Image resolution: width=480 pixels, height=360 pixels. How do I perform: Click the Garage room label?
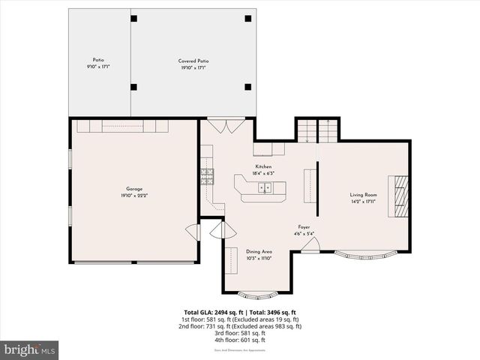[134, 189]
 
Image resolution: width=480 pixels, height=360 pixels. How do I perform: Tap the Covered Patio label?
[193, 61]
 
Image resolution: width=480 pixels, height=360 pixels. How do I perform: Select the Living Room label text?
[363, 195]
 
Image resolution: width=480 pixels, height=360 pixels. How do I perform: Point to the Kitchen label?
[263, 166]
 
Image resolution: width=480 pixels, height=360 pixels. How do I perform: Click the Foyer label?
[304, 227]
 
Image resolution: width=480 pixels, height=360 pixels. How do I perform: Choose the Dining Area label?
[259, 252]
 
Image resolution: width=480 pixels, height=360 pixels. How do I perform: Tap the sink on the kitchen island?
[264, 187]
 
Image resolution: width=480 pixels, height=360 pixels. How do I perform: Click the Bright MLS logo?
[30, 349]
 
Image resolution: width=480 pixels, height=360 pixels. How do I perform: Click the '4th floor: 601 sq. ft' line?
[240, 340]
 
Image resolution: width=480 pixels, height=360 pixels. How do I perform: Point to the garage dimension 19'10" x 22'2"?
[134, 196]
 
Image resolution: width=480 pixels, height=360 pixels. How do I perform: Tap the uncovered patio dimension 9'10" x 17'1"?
[98, 67]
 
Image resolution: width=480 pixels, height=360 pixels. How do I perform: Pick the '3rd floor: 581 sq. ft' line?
[240, 333]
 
